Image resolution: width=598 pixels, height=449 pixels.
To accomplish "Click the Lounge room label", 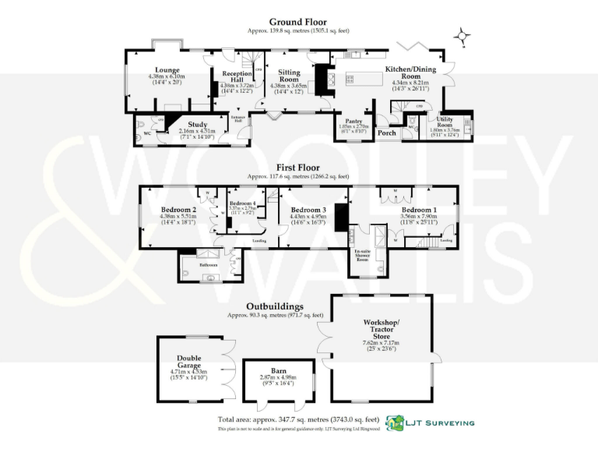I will click(167, 70).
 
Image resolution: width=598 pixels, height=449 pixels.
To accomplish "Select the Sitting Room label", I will click(289, 76).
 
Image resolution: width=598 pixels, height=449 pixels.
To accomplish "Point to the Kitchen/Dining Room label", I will click(409, 73).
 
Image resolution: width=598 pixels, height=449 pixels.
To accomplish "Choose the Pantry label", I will click(353, 122).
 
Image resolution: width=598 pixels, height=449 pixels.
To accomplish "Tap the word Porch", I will click(387, 133).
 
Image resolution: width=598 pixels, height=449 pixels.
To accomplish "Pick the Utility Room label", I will click(445, 122).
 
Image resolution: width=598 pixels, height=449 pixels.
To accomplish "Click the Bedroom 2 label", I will click(178, 210).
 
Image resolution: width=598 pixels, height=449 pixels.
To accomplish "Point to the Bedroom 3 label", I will click(308, 210).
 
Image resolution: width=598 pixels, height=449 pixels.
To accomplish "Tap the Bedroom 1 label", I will click(419, 210).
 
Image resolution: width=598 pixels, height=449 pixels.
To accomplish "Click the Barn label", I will click(268, 371).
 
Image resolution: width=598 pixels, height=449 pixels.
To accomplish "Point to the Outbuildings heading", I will click(275, 306).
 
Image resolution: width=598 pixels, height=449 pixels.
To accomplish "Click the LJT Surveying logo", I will click(431, 422).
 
